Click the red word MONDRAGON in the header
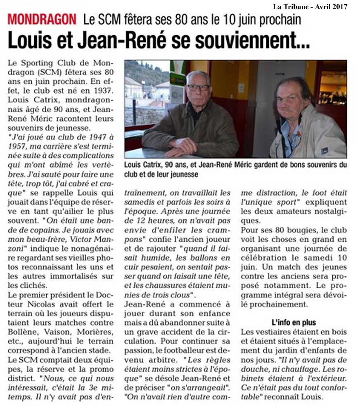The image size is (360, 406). [x=42, y=19]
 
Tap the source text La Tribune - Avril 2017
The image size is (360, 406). [x=310, y=7]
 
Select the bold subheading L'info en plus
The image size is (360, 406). [x=294, y=322]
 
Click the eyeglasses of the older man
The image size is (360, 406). [x=198, y=88]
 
